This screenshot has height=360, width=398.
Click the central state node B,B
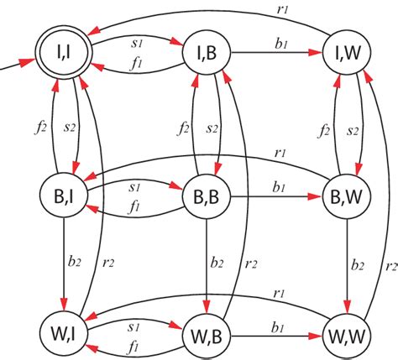(207, 198)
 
